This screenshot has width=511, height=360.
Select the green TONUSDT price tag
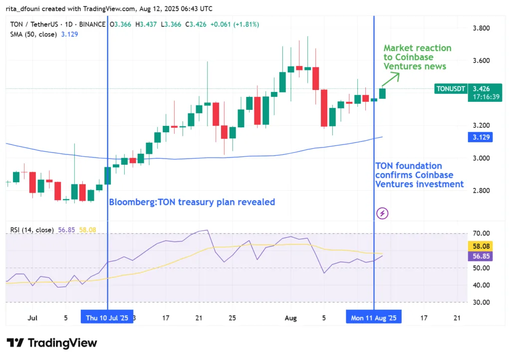click(x=451, y=89)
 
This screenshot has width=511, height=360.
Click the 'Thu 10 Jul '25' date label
click(x=107, y=317)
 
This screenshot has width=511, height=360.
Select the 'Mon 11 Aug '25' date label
click(x=374, y=317)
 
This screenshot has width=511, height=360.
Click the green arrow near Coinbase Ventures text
click(x=391, y=79)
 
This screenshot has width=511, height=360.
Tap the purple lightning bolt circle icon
click(x=382, y=214)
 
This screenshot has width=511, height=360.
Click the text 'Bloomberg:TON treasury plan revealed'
click(x=192, y=202)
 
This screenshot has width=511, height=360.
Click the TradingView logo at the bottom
click(x=52, y=343)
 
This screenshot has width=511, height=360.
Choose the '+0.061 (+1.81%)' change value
click(x=235, y=24)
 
